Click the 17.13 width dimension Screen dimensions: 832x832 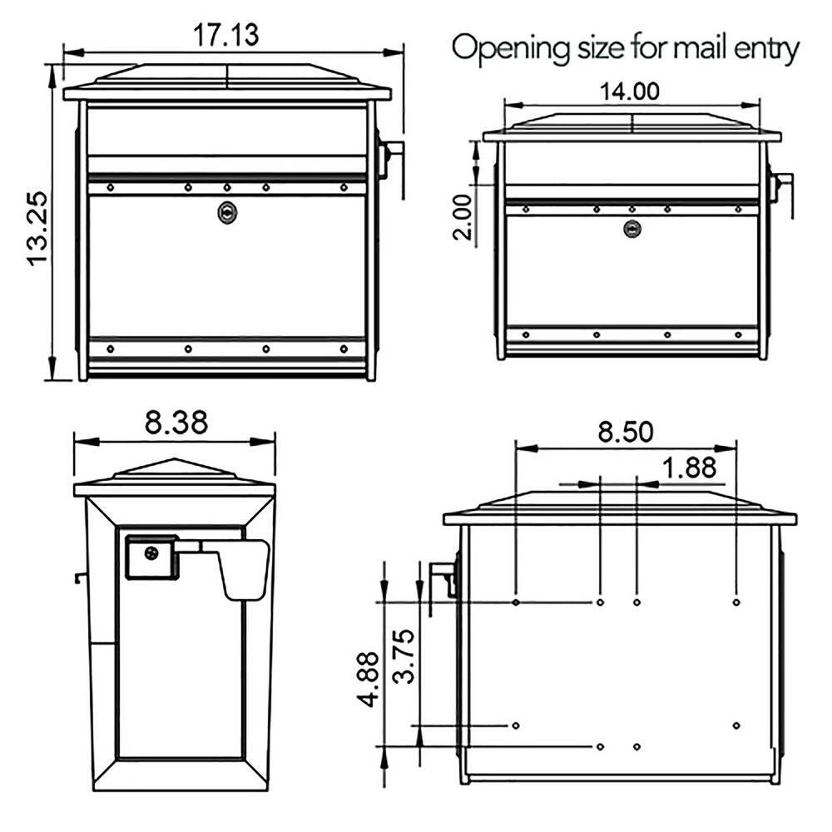pyautogui.click(x=226, y=35)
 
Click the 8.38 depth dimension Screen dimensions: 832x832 pyautogui.click(x=176, y=423)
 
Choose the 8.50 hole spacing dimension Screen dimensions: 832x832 pyautogui.click(x=626, y=433)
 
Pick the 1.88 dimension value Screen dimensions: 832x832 pyautogui.click(x=688, y=468)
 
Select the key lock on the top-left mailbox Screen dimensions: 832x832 pyautogui.click(x=225, y=213)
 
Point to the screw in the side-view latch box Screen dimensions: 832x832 pyautogui.click(x=151, y=553)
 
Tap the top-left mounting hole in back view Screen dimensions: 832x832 pyautogui.click(x=517, y=602)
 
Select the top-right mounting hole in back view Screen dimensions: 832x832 pyautogui.click(x=736, y=602)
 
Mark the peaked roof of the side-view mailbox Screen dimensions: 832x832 pyautogui.click(x=174, y=473)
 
